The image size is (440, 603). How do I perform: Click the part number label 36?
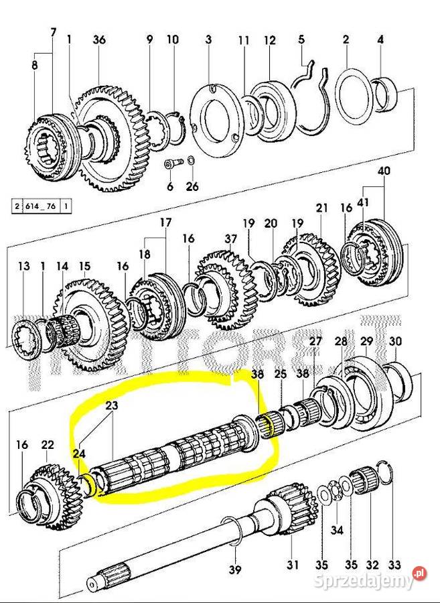point(99,40)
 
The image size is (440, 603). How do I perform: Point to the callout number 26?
point(192,187)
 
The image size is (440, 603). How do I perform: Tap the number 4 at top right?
point(380,40)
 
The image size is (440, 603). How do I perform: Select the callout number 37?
point(231,239)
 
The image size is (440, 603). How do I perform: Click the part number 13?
point(24,267)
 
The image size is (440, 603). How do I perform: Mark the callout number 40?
point(383,171)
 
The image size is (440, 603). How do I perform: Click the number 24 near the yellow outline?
point(80,453)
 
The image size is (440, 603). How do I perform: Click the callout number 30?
point(395,341)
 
